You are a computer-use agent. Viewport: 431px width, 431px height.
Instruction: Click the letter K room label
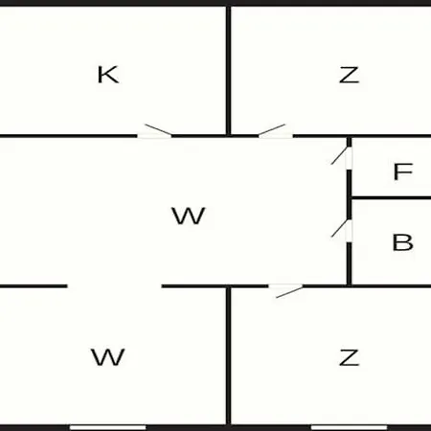click(108, 75)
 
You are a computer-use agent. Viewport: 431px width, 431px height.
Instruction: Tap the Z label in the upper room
click(349, 75)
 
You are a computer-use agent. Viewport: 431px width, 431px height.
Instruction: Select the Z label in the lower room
click(349, 357)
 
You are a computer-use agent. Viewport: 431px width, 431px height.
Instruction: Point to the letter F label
click(403, 171)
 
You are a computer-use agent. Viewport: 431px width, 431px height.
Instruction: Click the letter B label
click(402, 242)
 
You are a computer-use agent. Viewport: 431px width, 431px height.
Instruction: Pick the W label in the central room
click(189, 215)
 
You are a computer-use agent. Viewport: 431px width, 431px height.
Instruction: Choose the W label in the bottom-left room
click(108, 357)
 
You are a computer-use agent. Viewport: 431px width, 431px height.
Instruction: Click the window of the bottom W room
click(108, 427)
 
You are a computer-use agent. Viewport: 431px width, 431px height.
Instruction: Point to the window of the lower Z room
click(349, 427)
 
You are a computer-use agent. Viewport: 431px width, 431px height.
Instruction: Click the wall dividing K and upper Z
click(228, 70)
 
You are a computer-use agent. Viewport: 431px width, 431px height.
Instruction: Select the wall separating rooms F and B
click(391, 198)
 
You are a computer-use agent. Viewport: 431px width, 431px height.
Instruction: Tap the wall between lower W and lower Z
click(228, 356)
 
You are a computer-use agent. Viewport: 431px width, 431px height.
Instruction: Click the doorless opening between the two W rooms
click(115, 286)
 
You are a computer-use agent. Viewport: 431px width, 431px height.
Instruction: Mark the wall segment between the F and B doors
click(349, 194)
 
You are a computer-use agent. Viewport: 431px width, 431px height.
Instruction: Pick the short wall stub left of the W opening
click(34, 286)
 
